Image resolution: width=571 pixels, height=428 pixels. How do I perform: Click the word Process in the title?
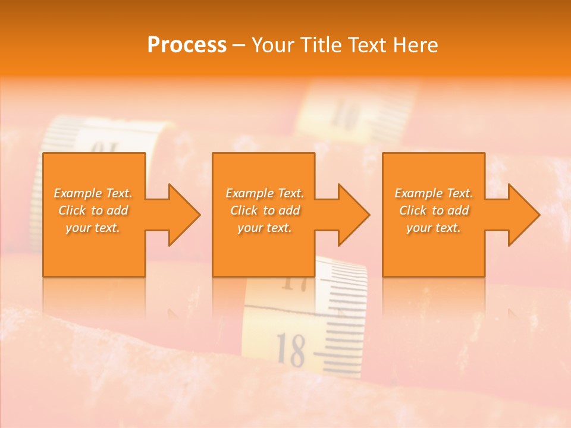(187, 45)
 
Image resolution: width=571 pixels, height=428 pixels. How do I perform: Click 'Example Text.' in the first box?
(93, 193)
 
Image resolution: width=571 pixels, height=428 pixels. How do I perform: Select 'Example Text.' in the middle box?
(265, 193)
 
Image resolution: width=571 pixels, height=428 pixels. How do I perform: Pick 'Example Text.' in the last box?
(434, 193)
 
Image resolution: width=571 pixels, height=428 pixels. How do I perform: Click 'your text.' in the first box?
(93, 228)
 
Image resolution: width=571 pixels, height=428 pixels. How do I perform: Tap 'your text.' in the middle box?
(265, 228)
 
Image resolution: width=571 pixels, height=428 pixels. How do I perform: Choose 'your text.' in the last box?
(434, 228)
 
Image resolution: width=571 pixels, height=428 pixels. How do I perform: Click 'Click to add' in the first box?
(93, 210)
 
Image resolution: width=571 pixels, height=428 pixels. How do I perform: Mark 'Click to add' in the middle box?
(265, 210)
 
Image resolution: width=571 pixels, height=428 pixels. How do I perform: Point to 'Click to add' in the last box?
(434, 210)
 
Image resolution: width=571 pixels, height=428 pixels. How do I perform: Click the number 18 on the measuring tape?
(291, 349)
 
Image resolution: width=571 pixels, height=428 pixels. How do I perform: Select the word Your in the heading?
(273, 45)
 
